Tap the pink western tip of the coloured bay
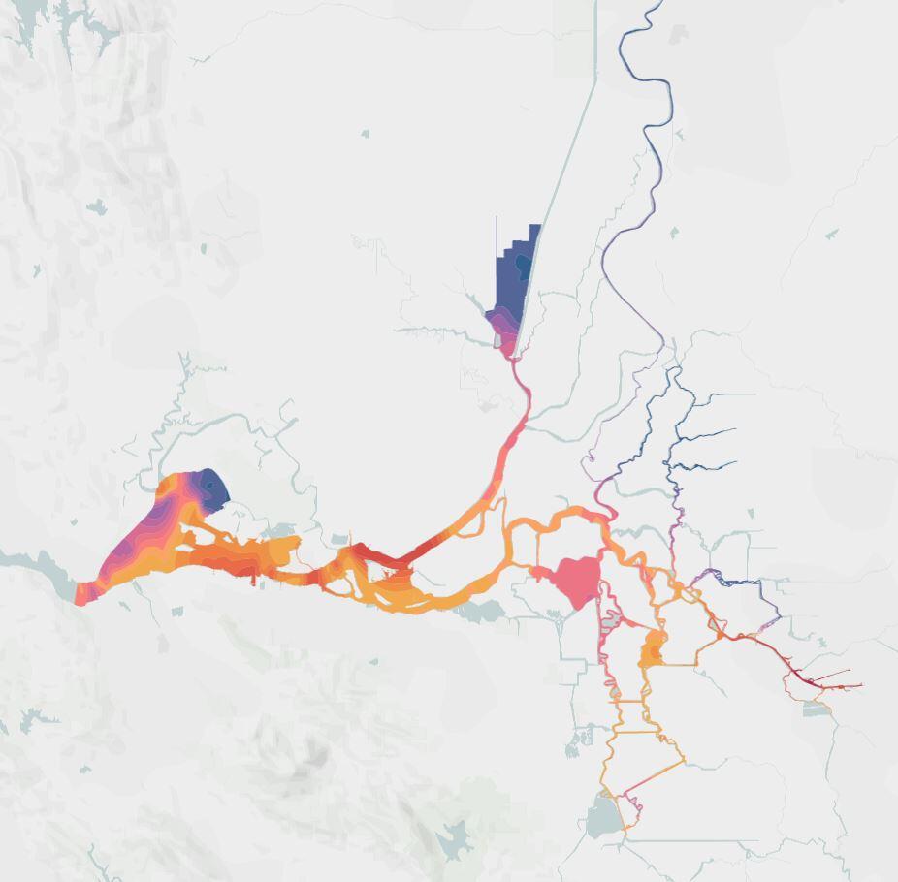pos(82,594)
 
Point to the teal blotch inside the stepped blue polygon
pos(524,263)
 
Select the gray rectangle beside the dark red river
pos(817,709)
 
